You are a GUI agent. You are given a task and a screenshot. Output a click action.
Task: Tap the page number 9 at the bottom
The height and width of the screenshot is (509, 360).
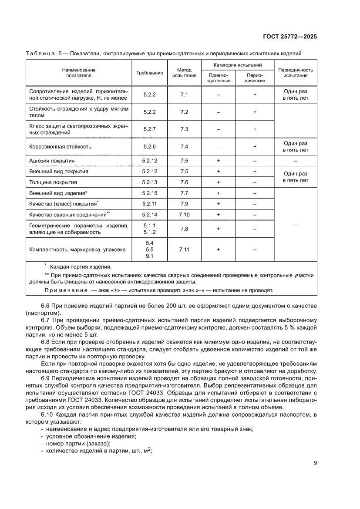coord(315,463)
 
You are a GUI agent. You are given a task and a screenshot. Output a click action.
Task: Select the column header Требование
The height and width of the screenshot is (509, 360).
coord(150,73)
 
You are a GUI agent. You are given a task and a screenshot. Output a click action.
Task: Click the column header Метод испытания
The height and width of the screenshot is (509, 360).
coord(184,73)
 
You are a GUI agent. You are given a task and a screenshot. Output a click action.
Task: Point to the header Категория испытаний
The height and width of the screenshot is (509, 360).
coord(237,65)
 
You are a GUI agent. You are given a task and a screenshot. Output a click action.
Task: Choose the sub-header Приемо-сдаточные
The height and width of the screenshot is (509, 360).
coord(218,78)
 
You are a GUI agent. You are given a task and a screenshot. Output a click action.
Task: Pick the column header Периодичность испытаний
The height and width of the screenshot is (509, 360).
coord(295,73)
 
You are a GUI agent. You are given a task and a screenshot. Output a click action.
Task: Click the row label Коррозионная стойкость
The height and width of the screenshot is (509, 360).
coord(60,147)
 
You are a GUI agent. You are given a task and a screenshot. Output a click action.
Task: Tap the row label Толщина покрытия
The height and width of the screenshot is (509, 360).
coord(53,182)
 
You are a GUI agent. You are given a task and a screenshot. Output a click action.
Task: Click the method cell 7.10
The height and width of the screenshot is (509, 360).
coord(184,214)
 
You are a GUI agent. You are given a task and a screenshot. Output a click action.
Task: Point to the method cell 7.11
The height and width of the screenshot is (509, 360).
coord(184,249)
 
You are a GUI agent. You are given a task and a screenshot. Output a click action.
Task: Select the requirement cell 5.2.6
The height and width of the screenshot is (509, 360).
coord(150,147)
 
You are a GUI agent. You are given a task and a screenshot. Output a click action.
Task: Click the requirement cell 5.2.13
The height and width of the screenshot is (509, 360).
coord(150,182)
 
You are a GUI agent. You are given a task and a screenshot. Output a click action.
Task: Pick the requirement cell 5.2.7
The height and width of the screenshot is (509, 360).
coord(150,129)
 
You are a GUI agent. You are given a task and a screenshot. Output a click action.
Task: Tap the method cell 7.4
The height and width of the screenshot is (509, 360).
coord(184,147)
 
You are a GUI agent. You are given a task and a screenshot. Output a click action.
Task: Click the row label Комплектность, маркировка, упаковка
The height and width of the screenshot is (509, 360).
coord(77,249)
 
